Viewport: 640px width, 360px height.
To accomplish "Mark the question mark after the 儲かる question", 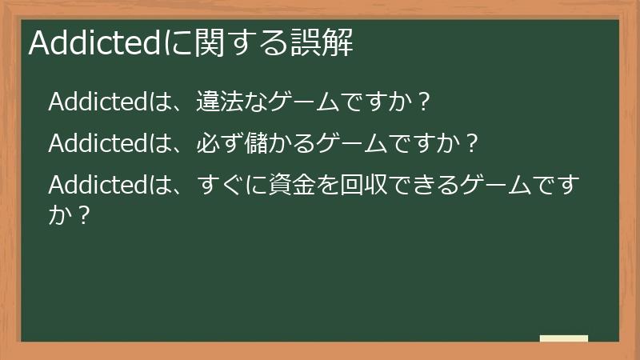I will [x=472, y=144].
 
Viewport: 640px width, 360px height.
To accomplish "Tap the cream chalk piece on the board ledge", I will [x=563, y=338].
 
